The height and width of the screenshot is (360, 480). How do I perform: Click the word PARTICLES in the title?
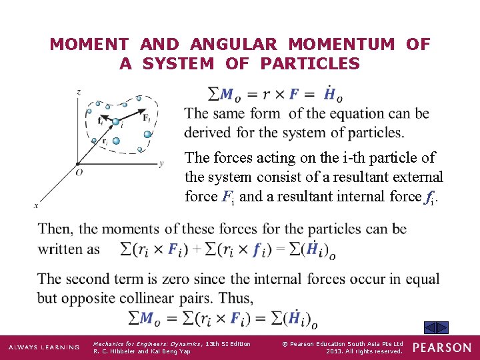(x=310, y=64)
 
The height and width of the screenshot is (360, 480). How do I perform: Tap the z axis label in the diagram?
(x=79, y=91)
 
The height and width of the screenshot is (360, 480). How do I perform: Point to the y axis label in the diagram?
(x=161, y=163)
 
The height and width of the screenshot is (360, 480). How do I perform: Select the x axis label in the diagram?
(x=36, y=205)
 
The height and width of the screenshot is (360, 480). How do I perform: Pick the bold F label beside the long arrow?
(x=146, y=117)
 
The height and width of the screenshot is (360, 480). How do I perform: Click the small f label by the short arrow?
(x=100, y=121)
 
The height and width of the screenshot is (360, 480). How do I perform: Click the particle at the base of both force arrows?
(x=117, y=122)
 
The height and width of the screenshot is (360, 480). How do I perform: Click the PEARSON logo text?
(x=441, y=347)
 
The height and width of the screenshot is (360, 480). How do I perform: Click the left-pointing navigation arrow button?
(x=431, y=327)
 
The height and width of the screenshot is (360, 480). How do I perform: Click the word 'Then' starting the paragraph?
(x=55, y=229)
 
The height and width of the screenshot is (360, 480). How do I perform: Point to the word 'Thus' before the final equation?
(x=236, y=297)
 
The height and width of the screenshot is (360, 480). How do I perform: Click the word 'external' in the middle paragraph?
(x=412, y=177)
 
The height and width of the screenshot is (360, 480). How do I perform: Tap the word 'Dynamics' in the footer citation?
(x=169, y=344)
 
